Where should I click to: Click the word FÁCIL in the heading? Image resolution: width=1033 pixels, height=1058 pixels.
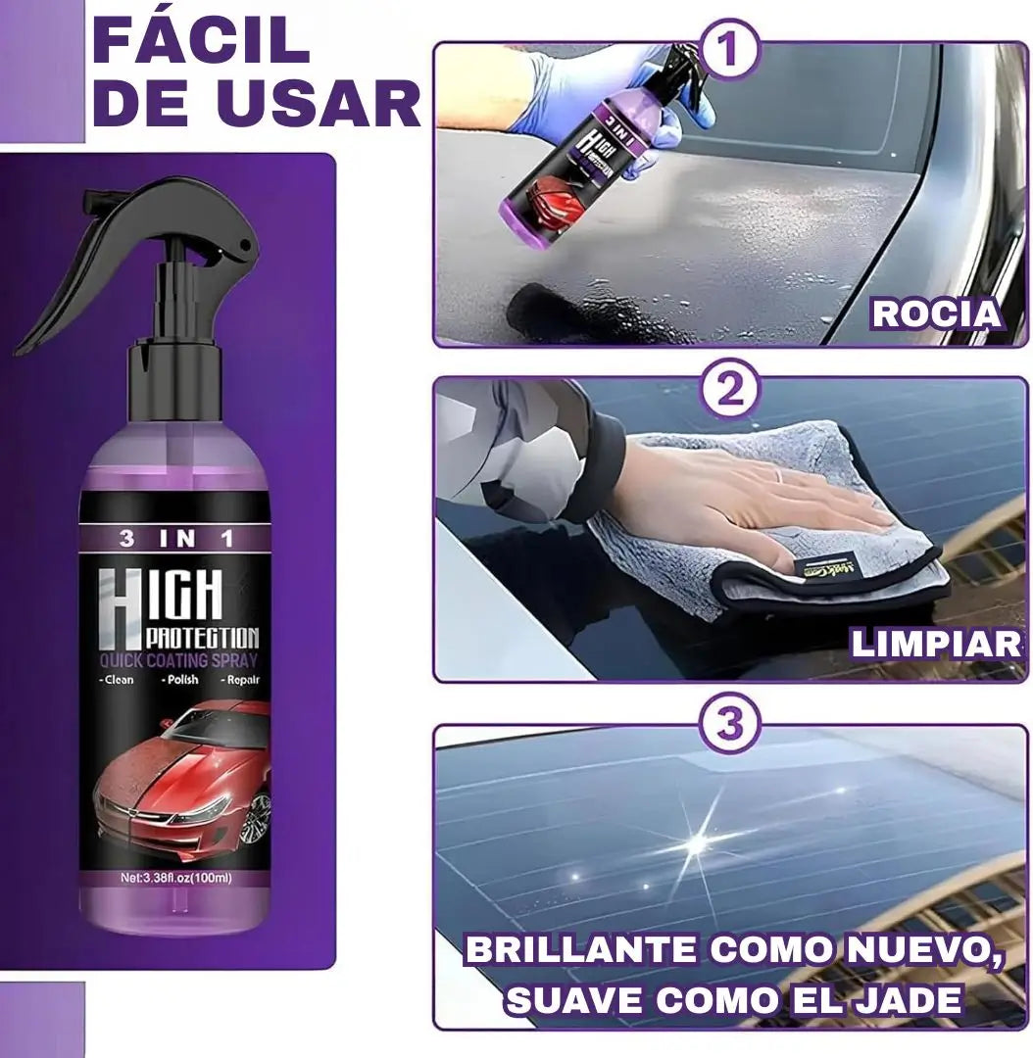(201, 40)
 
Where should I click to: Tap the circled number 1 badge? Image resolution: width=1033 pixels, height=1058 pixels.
(729, 50)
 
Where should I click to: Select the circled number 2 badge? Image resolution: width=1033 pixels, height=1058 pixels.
(730, 391)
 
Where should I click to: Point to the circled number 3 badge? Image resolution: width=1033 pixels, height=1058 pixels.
(730, 725)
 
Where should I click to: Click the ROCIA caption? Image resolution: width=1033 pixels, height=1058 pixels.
(936, 313)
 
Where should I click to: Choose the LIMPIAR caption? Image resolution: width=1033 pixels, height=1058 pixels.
(936, 644)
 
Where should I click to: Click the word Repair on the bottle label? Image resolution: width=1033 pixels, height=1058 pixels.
(239, 678)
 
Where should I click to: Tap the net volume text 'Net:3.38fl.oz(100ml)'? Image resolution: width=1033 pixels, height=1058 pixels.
(176, 878)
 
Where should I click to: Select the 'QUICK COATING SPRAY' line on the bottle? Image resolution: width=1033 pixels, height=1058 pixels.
(176, 659)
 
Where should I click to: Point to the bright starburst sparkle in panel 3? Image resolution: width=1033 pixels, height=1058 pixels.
(698, 841)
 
